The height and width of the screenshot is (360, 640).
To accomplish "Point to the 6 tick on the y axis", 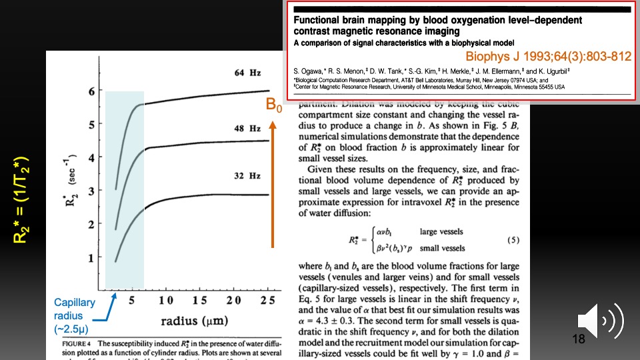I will coord(91,91).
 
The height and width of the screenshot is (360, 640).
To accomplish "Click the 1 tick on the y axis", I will coord(91,258).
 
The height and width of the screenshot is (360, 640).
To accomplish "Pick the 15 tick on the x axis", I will coord(199,301).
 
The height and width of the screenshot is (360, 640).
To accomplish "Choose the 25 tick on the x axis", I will coord(267,301).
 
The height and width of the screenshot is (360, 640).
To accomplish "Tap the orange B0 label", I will coord(275,105).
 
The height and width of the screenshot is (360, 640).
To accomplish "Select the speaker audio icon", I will coord(599,319).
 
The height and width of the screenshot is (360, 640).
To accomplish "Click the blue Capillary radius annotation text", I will coord(75,315).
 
